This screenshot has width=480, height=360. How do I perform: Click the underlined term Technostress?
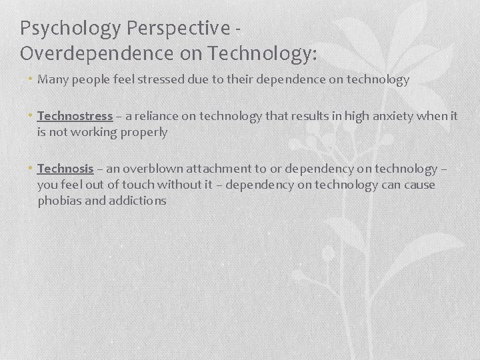click(x=75, y=116)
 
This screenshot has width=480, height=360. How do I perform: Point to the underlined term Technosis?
click(x=65, y=168)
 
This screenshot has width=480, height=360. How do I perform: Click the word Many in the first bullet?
click(x=51, y=80)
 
